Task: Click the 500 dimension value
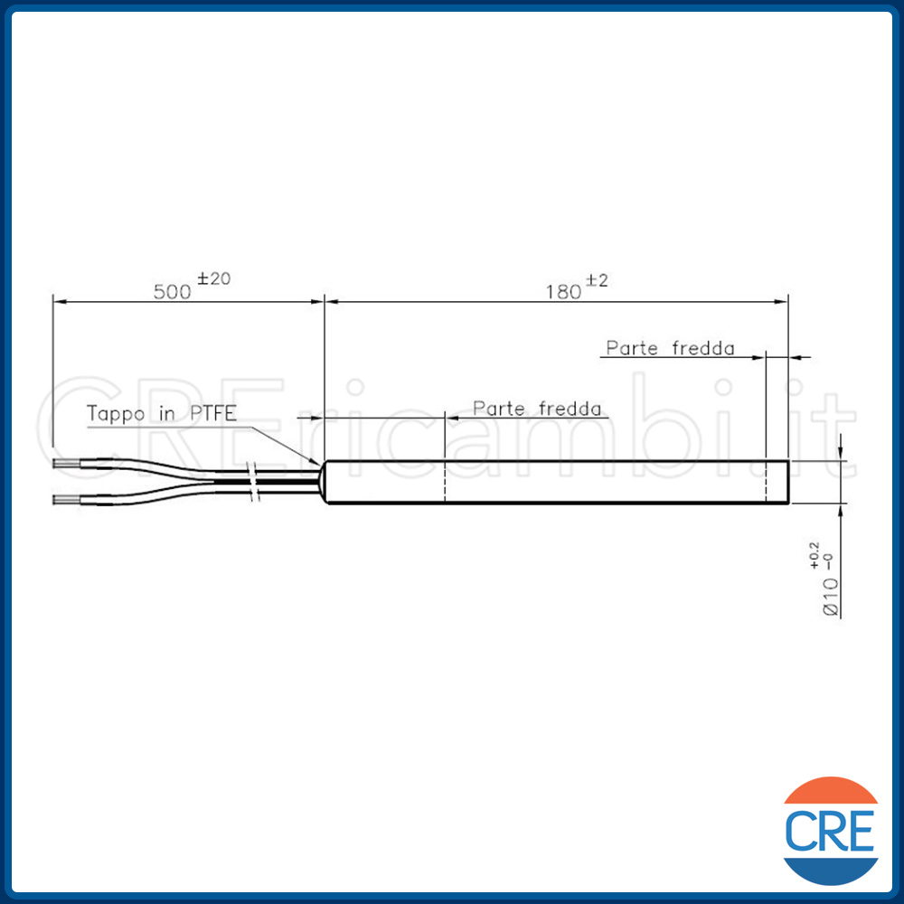pyautogui.click(x=172, y=292)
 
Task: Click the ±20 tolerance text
pyautogui.click(x=214, y=279)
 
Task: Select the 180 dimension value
pyautogui.click(x=563, y=292)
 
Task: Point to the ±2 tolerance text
pyautogui.click(x=597, y=281)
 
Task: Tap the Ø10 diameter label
pyautogui.click(x=831, y=598)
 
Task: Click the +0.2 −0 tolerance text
pyautogui.click(x=821, y=556)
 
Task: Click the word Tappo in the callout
pyautogui.click(x=116, y=414)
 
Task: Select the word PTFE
pyautogui.click(x=213, y=413)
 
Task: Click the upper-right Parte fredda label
pyautogui.click(x=670, y=348)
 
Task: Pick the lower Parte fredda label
pyautogui.click(x=537, y=409)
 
